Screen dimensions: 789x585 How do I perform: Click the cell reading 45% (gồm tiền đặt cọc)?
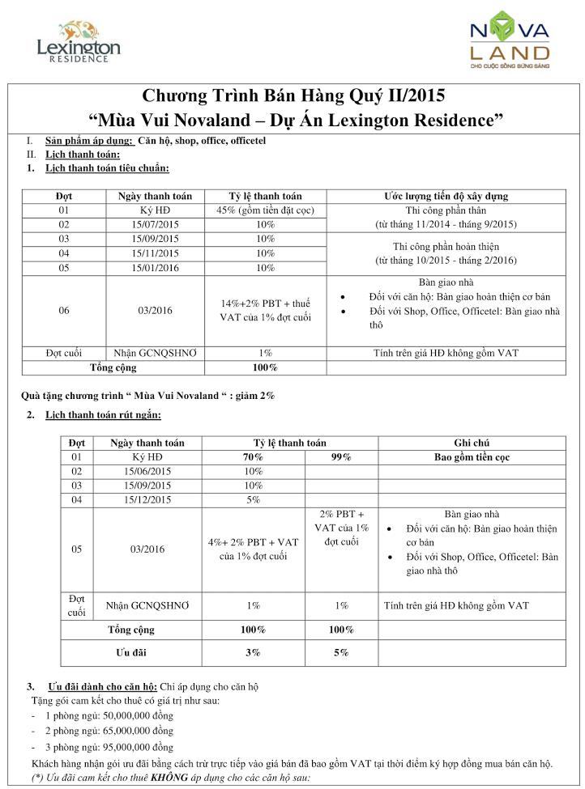(265, 210)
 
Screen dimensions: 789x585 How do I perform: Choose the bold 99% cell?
(341, 457)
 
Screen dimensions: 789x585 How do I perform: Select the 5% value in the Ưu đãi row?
(341, 651)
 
